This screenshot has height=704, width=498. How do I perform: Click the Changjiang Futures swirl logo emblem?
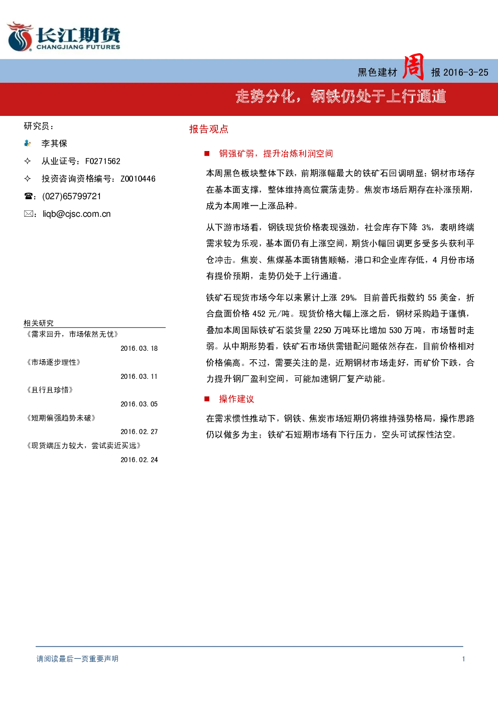coord(20,37)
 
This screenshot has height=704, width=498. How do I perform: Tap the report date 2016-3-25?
coord(465,73)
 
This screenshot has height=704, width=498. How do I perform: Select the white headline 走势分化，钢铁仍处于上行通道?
coord(341,96)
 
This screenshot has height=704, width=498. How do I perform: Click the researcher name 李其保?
coord(54,144)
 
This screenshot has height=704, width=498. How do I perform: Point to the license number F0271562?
coord(103,162)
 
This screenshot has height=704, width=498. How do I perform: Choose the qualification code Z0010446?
coord(138,179)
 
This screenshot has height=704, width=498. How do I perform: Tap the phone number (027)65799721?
coord(72,196)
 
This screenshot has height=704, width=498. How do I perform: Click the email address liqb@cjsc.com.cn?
coord(77,214)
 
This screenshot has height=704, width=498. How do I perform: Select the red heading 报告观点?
coord(209,129)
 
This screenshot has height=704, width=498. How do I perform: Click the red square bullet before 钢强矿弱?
coord(207,154)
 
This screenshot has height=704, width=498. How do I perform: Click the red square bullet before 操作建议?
coord(207,399)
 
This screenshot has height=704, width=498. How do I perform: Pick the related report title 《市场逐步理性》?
coord(53,362)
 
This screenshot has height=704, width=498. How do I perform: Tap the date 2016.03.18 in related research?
coord(139,349)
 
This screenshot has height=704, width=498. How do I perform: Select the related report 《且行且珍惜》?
coord(49,390)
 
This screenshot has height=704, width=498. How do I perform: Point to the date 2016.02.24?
coord(139,460)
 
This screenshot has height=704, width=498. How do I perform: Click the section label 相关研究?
coord(39,323)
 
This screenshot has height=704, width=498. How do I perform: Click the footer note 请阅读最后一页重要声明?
coord(77,659)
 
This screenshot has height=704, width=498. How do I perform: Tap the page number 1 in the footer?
coord(463,659)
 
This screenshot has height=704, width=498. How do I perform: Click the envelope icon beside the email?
coord(28,214)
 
